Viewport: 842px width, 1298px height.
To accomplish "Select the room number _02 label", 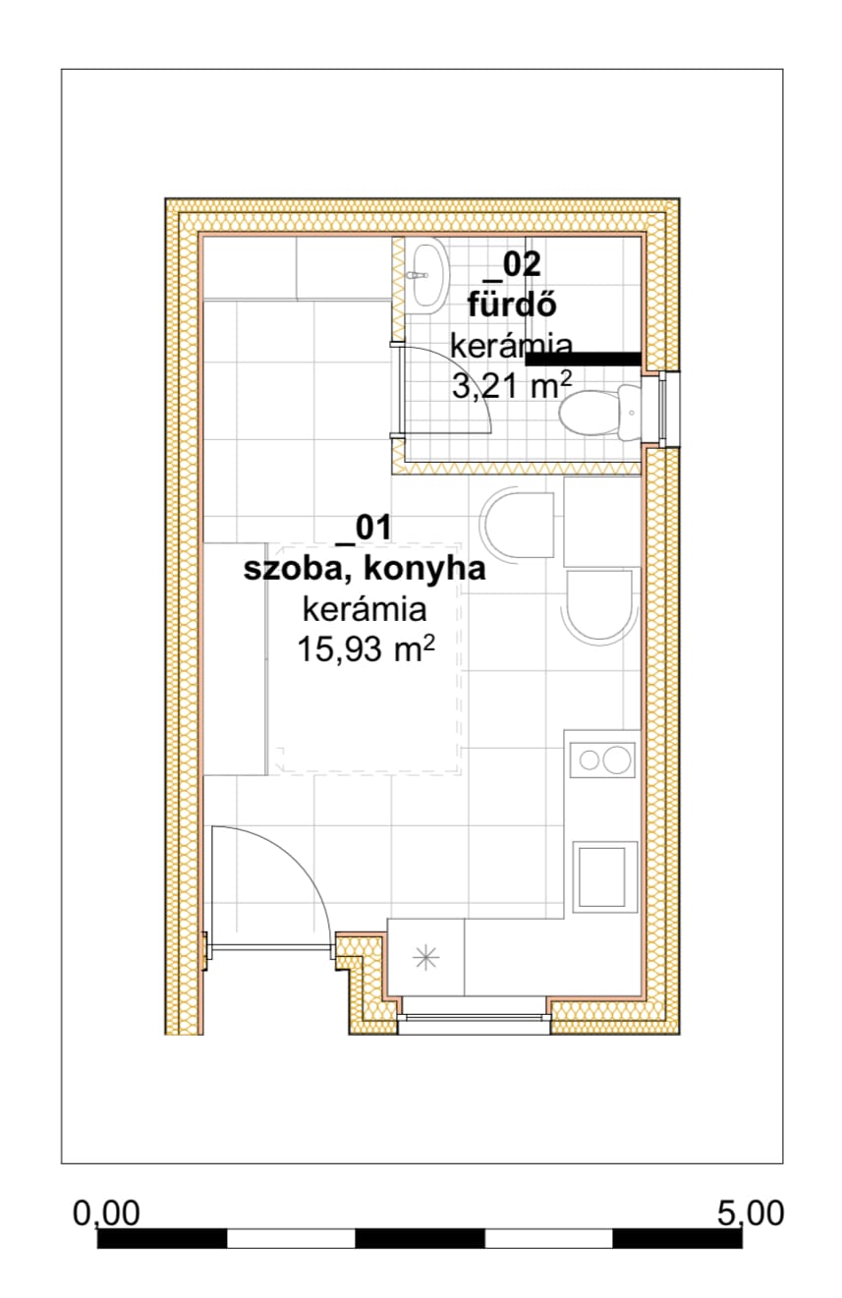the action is pos(512,265).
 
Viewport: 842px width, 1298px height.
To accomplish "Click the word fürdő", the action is pos(512,305).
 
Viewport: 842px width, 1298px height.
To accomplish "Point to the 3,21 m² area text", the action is pos(512,385).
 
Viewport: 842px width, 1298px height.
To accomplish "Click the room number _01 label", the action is pos(364,529).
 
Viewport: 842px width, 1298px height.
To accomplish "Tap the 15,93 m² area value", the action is pos(365,649).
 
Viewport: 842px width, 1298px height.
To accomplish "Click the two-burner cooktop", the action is pos(602,760).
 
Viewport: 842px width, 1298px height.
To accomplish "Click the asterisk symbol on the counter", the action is pos(426,956).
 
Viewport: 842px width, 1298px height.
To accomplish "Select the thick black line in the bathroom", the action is pos(583,359).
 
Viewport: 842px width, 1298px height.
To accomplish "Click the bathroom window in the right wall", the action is pos(665,410).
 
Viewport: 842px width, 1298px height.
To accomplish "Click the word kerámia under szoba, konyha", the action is pos(365,609).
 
